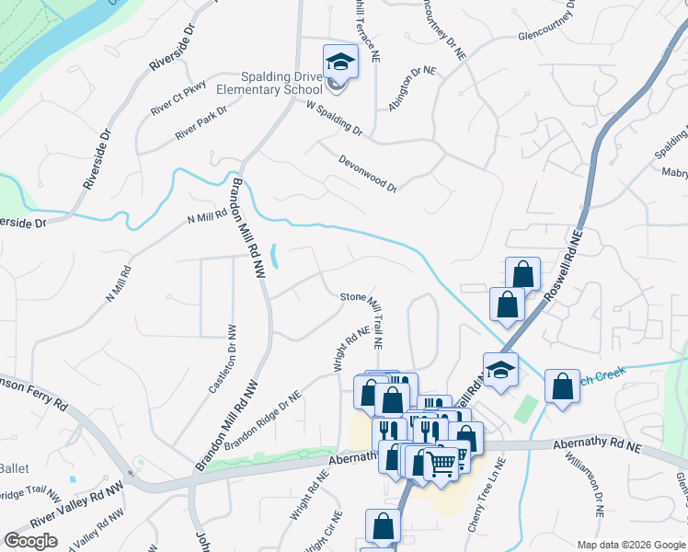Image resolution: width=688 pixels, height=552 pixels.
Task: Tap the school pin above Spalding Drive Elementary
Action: point(339,62)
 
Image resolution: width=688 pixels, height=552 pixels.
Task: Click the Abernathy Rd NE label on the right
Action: point(597,445)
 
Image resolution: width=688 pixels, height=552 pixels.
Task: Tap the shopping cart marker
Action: point(441,463)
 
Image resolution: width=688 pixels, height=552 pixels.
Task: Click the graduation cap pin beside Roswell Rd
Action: point(500,370)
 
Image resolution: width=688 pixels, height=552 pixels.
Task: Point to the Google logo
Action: point(30,541)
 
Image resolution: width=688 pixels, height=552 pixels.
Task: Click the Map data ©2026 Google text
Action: point(630,545)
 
